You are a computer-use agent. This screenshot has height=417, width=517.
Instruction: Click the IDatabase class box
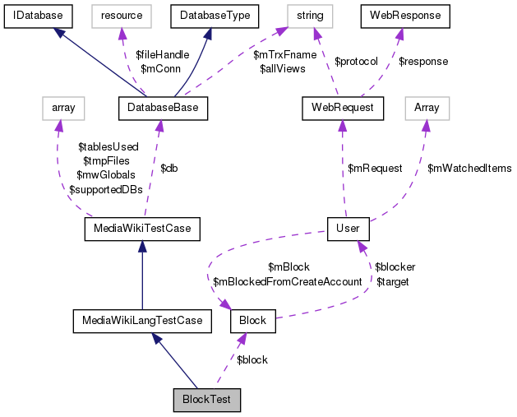[38, 16]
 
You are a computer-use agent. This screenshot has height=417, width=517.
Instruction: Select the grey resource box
[122, 16]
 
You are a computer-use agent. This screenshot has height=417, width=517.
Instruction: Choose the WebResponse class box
[406, 16]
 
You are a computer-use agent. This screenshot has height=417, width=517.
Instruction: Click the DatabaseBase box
[164, 107]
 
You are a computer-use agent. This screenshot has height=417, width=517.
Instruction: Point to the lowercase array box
[63, 107]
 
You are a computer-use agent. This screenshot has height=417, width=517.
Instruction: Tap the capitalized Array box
[427, 107]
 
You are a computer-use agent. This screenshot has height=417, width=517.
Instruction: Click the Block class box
[253, 320]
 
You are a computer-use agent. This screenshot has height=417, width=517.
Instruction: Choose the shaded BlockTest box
[207, 401]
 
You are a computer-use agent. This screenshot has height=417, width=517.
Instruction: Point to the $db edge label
[168, 168]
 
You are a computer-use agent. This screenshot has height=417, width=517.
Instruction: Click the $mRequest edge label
[375, 168]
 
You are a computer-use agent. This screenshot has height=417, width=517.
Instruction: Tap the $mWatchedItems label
[469, 168]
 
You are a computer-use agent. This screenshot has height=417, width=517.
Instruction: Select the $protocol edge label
[356, 62]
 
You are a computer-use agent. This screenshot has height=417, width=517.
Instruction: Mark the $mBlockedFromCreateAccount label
[287, 281]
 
